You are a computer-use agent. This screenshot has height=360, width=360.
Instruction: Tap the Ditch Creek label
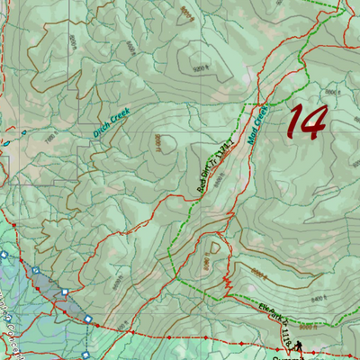[112, 122]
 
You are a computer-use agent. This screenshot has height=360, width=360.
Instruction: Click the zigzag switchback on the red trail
[229, 286]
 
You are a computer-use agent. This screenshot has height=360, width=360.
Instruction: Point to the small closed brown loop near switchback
[215, 245]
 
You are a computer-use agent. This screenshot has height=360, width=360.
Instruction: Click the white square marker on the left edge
[4, 255]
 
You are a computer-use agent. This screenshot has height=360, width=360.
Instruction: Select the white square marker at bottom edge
[87, 319]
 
